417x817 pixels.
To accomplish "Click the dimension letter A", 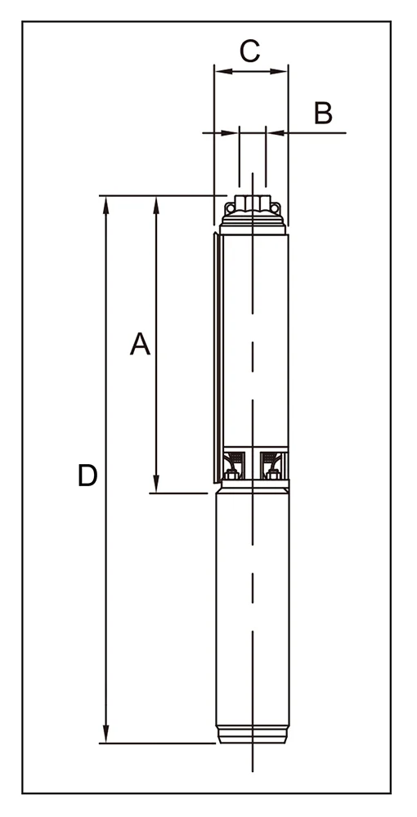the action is tap(140, 344).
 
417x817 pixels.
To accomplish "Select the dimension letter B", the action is tap(323, 113).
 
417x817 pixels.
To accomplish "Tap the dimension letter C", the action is tap(249, 51).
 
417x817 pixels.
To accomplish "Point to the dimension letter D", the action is tap(87, 475).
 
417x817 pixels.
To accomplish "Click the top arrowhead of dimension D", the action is tap(105, 205).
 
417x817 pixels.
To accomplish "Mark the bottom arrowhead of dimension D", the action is tap(105, 734).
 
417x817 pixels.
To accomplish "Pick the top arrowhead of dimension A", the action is tap(156, 205).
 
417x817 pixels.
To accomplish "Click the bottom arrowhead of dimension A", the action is tap(156, 484).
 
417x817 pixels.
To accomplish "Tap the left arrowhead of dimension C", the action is tap(223, 71).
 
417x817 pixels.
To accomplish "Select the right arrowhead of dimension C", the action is tap(279, 71).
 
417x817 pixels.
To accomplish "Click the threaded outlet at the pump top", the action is tap(253, 202).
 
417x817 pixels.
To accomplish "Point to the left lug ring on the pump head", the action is tap(229, 209).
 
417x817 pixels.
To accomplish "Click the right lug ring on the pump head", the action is tap(276, 209).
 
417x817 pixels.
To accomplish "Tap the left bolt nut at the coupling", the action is tap(231, 475).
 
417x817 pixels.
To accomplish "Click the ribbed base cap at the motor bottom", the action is tap(253, 734).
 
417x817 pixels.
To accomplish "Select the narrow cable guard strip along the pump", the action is tap(217, 358).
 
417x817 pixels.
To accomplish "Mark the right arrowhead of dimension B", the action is tap(275, 133).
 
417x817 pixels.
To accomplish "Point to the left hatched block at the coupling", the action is tap(237, 458).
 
